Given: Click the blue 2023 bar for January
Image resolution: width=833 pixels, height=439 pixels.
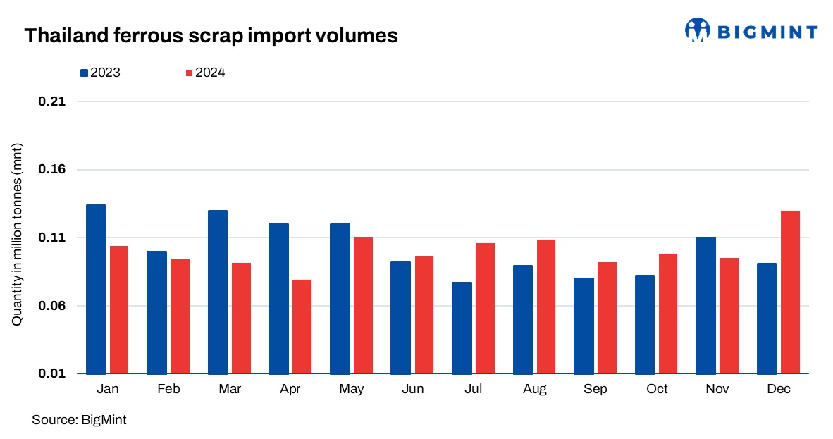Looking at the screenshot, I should click(x=95, y=289).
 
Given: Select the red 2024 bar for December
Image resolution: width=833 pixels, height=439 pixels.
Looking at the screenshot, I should click(x=790, y=292).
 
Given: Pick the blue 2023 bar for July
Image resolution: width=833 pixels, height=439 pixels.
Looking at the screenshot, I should click(x=462, y=328).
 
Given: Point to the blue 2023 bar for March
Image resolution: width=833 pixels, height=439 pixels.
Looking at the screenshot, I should click(x=218, y=292).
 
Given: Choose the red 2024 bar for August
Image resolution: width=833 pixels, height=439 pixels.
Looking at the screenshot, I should click(x=545, y=307).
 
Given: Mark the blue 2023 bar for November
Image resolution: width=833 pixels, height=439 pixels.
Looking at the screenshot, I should click(x=705, y=305).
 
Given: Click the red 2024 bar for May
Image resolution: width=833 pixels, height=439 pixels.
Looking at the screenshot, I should click(x=363, y=305).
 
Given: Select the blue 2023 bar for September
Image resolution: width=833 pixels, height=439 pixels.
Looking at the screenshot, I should click(x=584, y=326).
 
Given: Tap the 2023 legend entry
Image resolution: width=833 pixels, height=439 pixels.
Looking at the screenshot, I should click(x=100, y=73).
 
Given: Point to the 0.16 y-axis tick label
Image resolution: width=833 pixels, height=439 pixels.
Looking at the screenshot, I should click(x=51, y=170).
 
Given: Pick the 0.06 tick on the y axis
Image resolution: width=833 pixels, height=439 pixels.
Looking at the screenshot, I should click(x=51, y=306).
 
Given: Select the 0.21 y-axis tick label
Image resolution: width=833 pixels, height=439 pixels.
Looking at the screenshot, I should click(x=51, y=101).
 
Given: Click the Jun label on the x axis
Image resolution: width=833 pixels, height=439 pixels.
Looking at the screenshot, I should click(x=412, y=390).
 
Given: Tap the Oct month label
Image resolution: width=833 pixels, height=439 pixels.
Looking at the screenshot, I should click(x=656, y=390).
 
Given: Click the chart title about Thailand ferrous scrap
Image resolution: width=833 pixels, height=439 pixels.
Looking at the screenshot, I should click(x=211, y=35).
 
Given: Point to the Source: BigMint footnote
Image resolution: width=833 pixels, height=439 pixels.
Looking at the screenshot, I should click(x=79, y=420).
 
